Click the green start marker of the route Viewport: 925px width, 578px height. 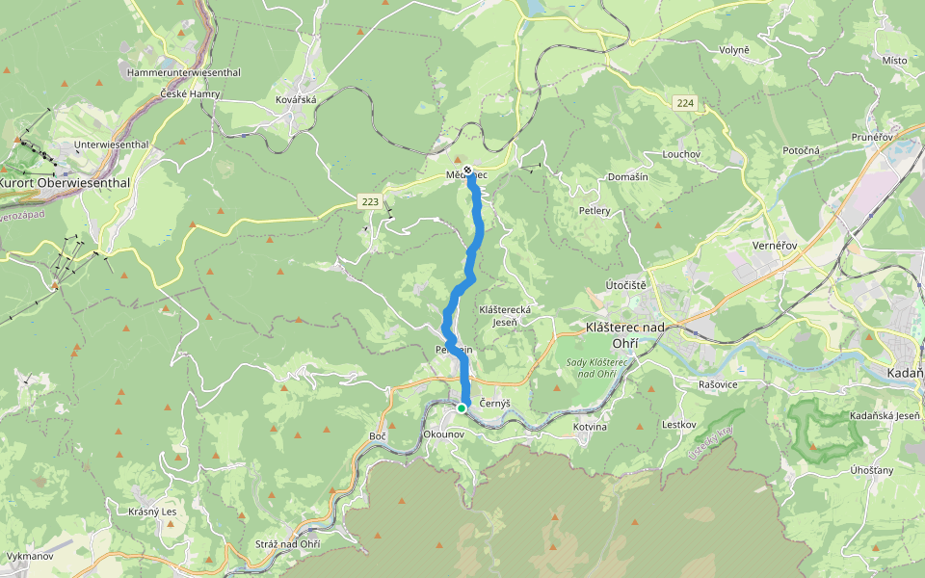tap(462, 408)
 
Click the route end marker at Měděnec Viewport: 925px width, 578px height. tap(468, 171)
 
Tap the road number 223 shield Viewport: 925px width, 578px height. tap(369, 201)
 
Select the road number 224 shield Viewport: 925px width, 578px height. tap(685, 103)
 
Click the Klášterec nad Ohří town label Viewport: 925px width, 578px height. tap(626, 334)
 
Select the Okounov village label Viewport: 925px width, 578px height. tap(444, 435)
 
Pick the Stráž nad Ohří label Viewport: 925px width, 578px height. tap(287, 545)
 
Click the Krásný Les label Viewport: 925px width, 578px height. tap(152, 511)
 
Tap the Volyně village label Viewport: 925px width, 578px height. tap(734, 49)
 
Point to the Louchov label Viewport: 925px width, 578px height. tap(681, 154)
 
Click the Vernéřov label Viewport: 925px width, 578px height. tap(774, 246)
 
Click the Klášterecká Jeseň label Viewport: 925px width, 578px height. tap(505, 315)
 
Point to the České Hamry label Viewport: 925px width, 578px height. tap(191, 94)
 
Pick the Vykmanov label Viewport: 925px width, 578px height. tap(29, 557)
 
